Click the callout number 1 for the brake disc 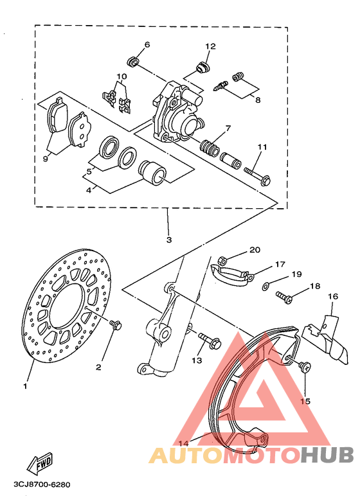[x=26, y=386]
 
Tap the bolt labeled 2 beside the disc [x=116, y=324]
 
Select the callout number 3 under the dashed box [x=168, y=240]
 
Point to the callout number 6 [x=147, y=45]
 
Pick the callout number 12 [x=210, y=46]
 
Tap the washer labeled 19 [x=266, y=284]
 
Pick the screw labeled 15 [x=305, y=366]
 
